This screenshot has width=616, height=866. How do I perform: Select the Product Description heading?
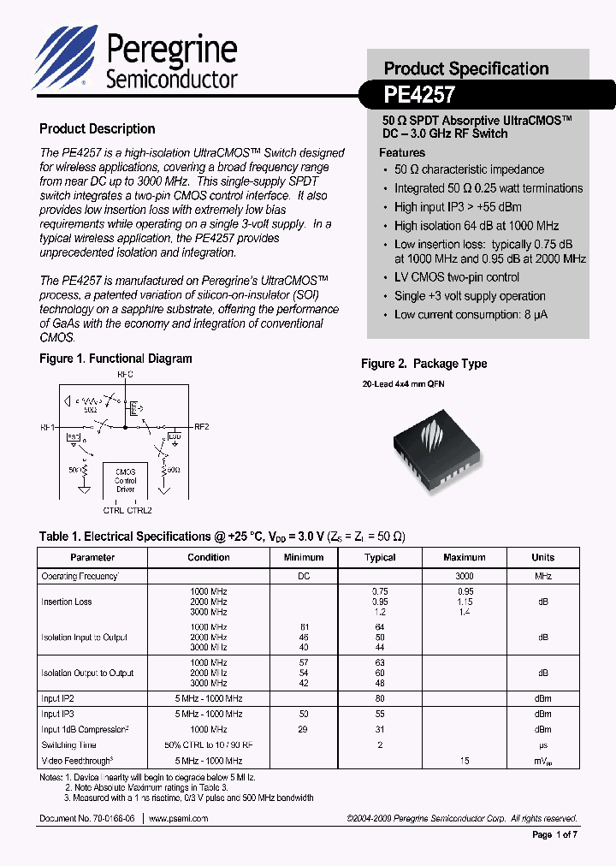click(98, 129)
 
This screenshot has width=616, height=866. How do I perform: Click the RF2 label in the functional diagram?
click(202, 426)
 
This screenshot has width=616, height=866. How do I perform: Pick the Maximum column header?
click(465, 557)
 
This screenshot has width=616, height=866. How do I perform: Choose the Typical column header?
click(380, 557)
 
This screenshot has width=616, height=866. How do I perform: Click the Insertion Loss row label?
click(66, 602)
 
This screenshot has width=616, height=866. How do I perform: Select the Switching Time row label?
click(68, 744)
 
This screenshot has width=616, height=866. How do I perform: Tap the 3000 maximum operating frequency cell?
click(465, 577)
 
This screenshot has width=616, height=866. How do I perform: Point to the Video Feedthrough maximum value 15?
click(465, 760)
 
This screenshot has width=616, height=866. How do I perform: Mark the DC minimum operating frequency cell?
click(304, 577)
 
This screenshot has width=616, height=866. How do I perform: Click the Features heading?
click(402, 152)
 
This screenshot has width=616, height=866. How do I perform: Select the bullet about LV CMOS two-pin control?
click(457, 277)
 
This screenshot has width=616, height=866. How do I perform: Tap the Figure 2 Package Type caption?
click(423, 364)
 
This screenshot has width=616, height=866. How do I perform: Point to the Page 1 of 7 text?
click(555, 835)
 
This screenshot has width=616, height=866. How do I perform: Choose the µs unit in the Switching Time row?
click(542, 744)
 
